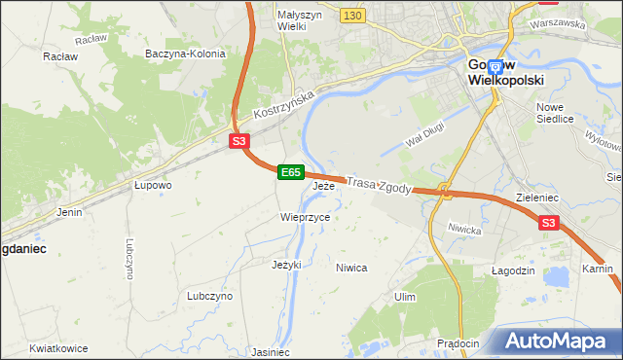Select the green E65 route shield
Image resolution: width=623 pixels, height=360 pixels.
[290, 172]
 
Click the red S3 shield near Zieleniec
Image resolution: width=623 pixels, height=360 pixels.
[549, 224]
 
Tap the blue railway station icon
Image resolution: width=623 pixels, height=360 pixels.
[495, 67]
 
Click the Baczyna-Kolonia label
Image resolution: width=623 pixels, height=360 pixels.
[184, 54]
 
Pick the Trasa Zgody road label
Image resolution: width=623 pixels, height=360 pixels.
[382, 185]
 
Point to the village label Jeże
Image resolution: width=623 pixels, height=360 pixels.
[323, 185]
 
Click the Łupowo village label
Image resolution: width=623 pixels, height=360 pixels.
[153, 184]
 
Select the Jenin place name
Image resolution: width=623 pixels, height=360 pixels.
[69, 211]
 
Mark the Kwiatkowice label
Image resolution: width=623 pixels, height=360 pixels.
[58, 348]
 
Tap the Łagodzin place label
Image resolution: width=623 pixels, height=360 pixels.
[513, 270]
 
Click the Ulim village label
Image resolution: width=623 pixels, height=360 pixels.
[404, 296]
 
